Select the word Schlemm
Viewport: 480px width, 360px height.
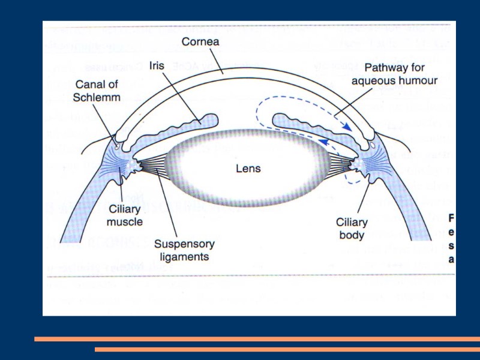coord(98,97)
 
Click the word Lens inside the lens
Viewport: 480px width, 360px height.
coord(248,169)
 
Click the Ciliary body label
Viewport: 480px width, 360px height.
coord(352,229)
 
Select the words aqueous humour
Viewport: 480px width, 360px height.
coord(394,80)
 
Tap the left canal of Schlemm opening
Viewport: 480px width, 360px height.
coord(116,143)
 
